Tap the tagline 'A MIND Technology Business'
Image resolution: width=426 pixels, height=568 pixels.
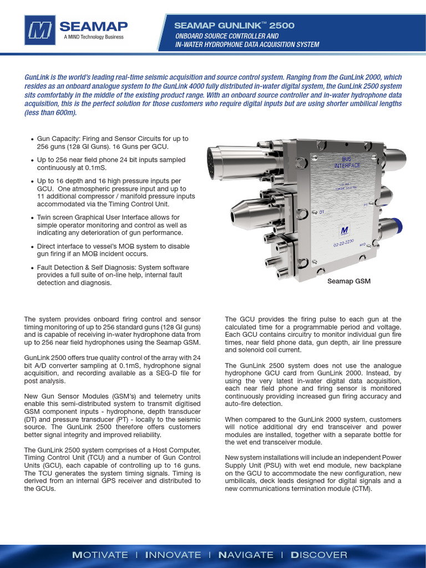tap(93, 38)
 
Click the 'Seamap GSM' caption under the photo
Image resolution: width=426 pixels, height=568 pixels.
tap(349, 281)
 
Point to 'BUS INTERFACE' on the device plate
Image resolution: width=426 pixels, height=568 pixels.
tap(347, 162)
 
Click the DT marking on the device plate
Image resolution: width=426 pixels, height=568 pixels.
tap(322, 212)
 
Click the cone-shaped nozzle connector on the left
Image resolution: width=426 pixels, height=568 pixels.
tap(241, 210)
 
